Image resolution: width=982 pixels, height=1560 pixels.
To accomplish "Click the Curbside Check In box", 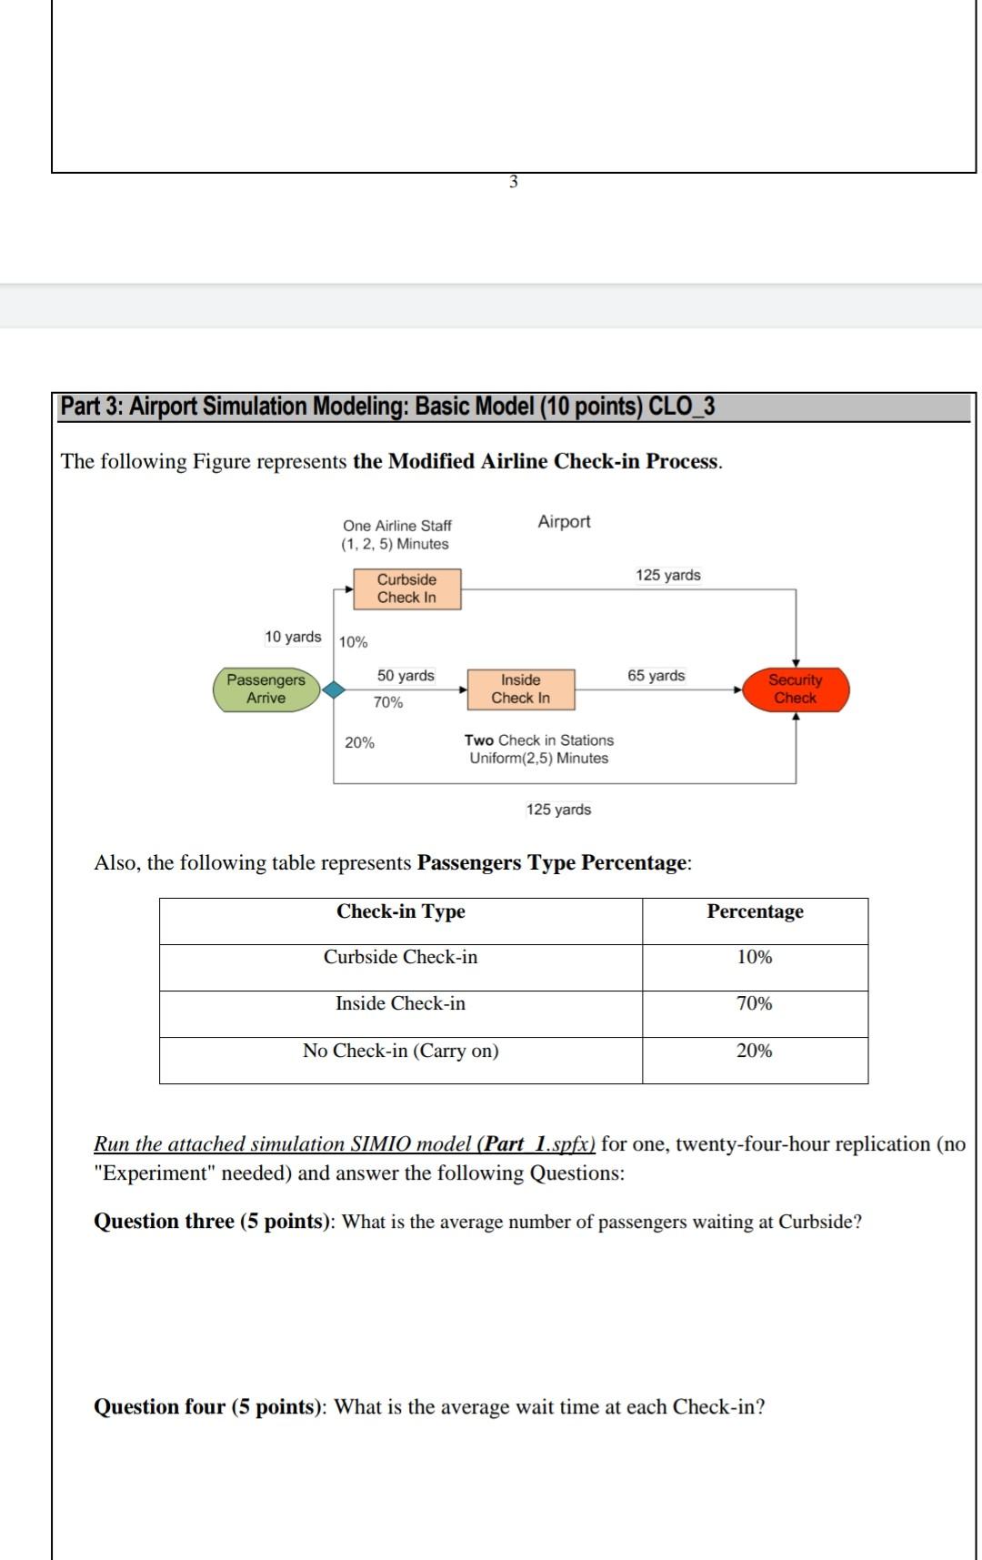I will pyautogui.click(x=406, y=589).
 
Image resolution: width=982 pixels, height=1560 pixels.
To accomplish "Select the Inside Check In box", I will pyautogui.click(x=520, y=689).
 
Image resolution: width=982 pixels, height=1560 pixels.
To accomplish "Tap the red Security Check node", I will pyautogui.click(x=796, y=689).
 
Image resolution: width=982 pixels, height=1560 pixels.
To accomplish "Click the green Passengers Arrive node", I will pyautogui.click(x=266, y=689).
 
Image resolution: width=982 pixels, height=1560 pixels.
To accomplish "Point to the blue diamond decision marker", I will pyautogui.click(x=335, y=689).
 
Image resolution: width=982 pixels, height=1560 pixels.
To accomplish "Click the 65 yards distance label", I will pyautogui.click(x=656, y=676).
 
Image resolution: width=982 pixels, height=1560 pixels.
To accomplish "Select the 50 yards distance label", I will pyautogui.click(x=406, y=676).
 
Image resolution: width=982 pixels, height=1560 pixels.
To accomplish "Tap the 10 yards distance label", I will pyautogui.click(x=293, y=637).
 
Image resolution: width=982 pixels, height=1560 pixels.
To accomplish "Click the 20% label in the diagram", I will pyautogui.click(x=359, y=743).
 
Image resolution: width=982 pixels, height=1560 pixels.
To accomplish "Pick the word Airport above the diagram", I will pyautogui.click(x=564, y=522).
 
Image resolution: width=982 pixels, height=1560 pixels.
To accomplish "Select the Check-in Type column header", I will pyautogui.click(x=400, y=911).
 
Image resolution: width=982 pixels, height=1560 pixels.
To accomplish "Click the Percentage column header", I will pyautogui.click(x=755, y=911).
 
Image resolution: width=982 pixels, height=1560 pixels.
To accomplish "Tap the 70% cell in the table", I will pyautogui.click(x=754, y=1003).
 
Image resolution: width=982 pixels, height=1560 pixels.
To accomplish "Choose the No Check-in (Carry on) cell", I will pyautogui.click(x=400, y=1051).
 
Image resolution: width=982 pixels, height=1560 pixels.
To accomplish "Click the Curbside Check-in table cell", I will pyautogui.click(x=400, y=957).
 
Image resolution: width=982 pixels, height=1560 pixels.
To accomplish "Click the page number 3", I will pyautogui.click(x=514, y=182).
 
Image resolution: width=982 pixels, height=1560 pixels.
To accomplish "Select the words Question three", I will pyautogui.click(x=164, y=1222).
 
